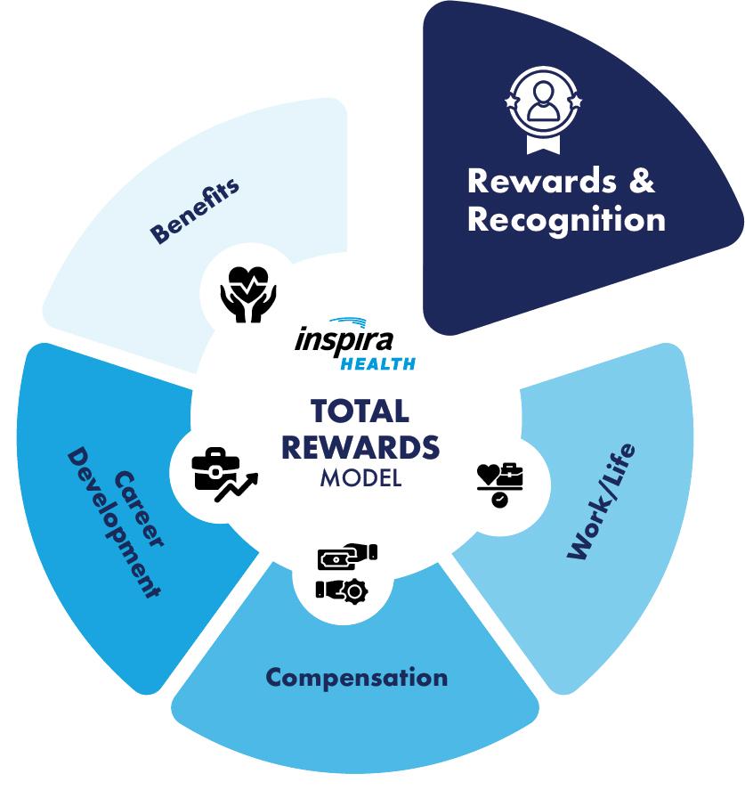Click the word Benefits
(x=195, y=211)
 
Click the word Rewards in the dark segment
(x=530, y=181)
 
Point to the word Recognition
(x=566, y=219)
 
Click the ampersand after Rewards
(x=642, y=181)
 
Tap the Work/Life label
(x=603, y=501)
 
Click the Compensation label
(x=356, y=678)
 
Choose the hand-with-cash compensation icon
(x=347, y=558)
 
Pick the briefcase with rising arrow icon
(x=221, y=473)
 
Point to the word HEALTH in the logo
(x=377, y=363)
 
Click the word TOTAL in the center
(x=360, y=411)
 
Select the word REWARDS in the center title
(x=360, y=446)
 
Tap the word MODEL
(x=360, y=477)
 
